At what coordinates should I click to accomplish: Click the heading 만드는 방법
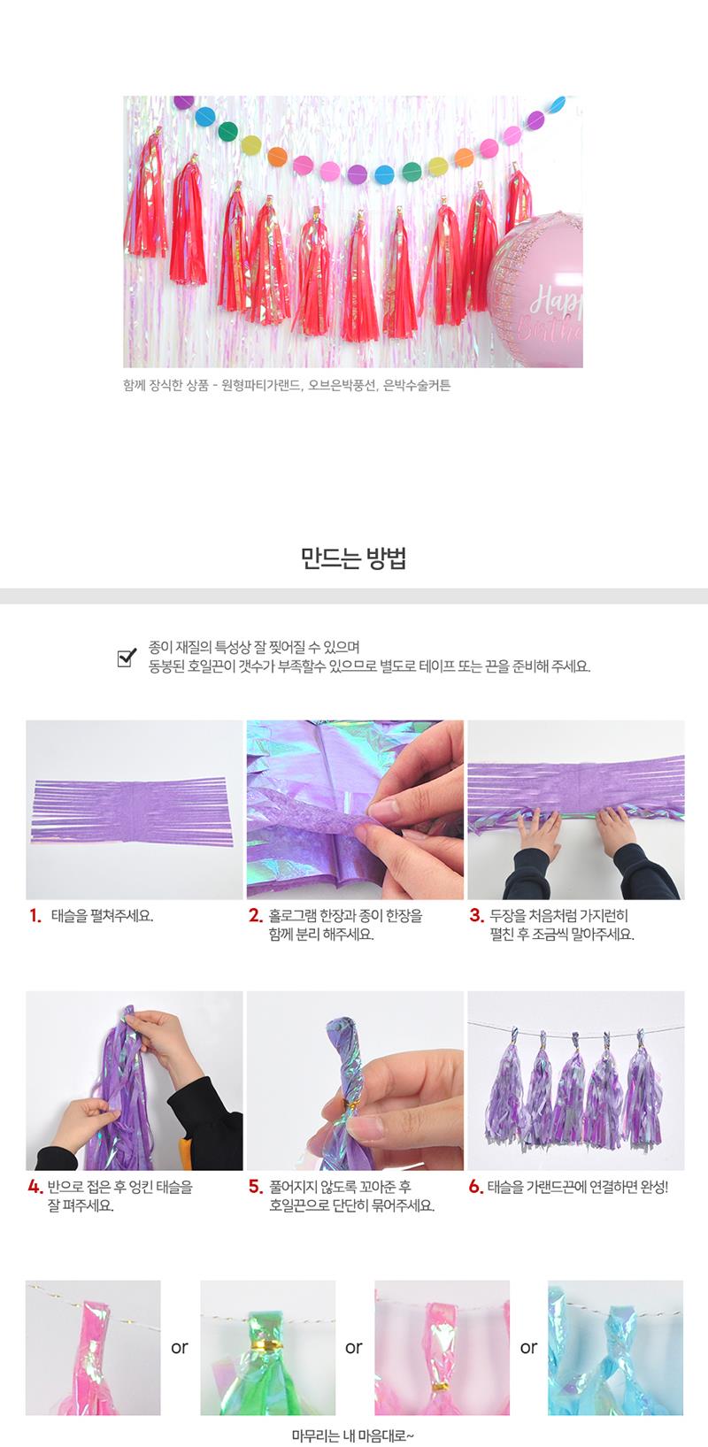tap(353, 558)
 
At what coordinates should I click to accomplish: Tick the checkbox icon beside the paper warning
tap(127, 657)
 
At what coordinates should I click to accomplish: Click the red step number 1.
tap(35, 915)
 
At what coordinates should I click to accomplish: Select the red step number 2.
tap(256, 915)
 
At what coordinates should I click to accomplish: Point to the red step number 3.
tap(477, 915)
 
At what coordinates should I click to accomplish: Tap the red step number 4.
tap(35, 1187)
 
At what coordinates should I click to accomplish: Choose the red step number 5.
tap(256, 1187)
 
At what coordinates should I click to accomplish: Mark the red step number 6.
tap(476, 1187)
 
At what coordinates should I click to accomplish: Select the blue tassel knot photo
tap(616, 1348)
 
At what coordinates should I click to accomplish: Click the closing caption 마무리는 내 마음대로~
tap(353, 1435)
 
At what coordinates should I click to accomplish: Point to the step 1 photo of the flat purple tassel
tap(135, 810)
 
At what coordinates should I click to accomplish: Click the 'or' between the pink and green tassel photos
tap(180, 1348)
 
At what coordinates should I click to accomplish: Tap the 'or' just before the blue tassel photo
tap(528, 1348)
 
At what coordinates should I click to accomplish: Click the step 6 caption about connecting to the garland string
tap(578, 1187)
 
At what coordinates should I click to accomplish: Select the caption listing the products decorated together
tap(287, 386)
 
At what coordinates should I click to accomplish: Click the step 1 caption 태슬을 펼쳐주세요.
tap(102, 915)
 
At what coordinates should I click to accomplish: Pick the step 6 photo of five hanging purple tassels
tap(576, 1081)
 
